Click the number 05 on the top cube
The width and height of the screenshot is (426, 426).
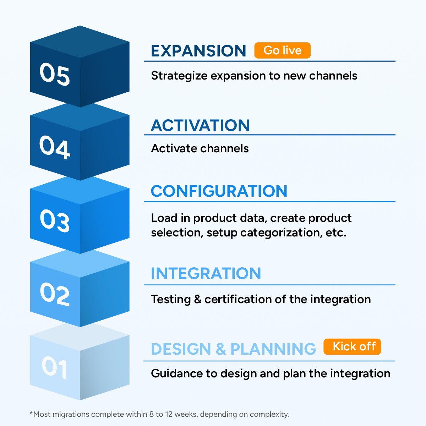pyautogui.click(x=54, y=74)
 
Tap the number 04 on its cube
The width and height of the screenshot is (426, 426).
pyautogui.click(x=54, y=147)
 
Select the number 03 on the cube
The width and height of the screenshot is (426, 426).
pyautogui.click(x=54, y=221)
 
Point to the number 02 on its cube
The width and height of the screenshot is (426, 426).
pyautogui.click(x=54, y=294)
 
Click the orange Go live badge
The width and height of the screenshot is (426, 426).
pyautogui.click(x=282, y=50)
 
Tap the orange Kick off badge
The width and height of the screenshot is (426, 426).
pyautogui.click(x=352, y=346)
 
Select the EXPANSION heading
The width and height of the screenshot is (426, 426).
pyautogui.click(x=198, y=51)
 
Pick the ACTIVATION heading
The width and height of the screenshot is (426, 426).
pyautogui.click(x=200, y=125)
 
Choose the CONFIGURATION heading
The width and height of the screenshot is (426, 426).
pyautogui.click(x=219, y=191)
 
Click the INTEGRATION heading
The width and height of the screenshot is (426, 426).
pyautogui.click(x=206, y=273)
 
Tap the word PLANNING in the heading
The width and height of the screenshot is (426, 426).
pyautogui.click(x=273, y=349)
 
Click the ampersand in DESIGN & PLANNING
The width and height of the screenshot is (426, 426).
pyautogui.click(x=220, y=349)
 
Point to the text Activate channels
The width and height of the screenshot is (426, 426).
pyautogui.click(x=200, y=148)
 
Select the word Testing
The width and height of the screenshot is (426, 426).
pyautogui.click(x=171, y=299)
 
